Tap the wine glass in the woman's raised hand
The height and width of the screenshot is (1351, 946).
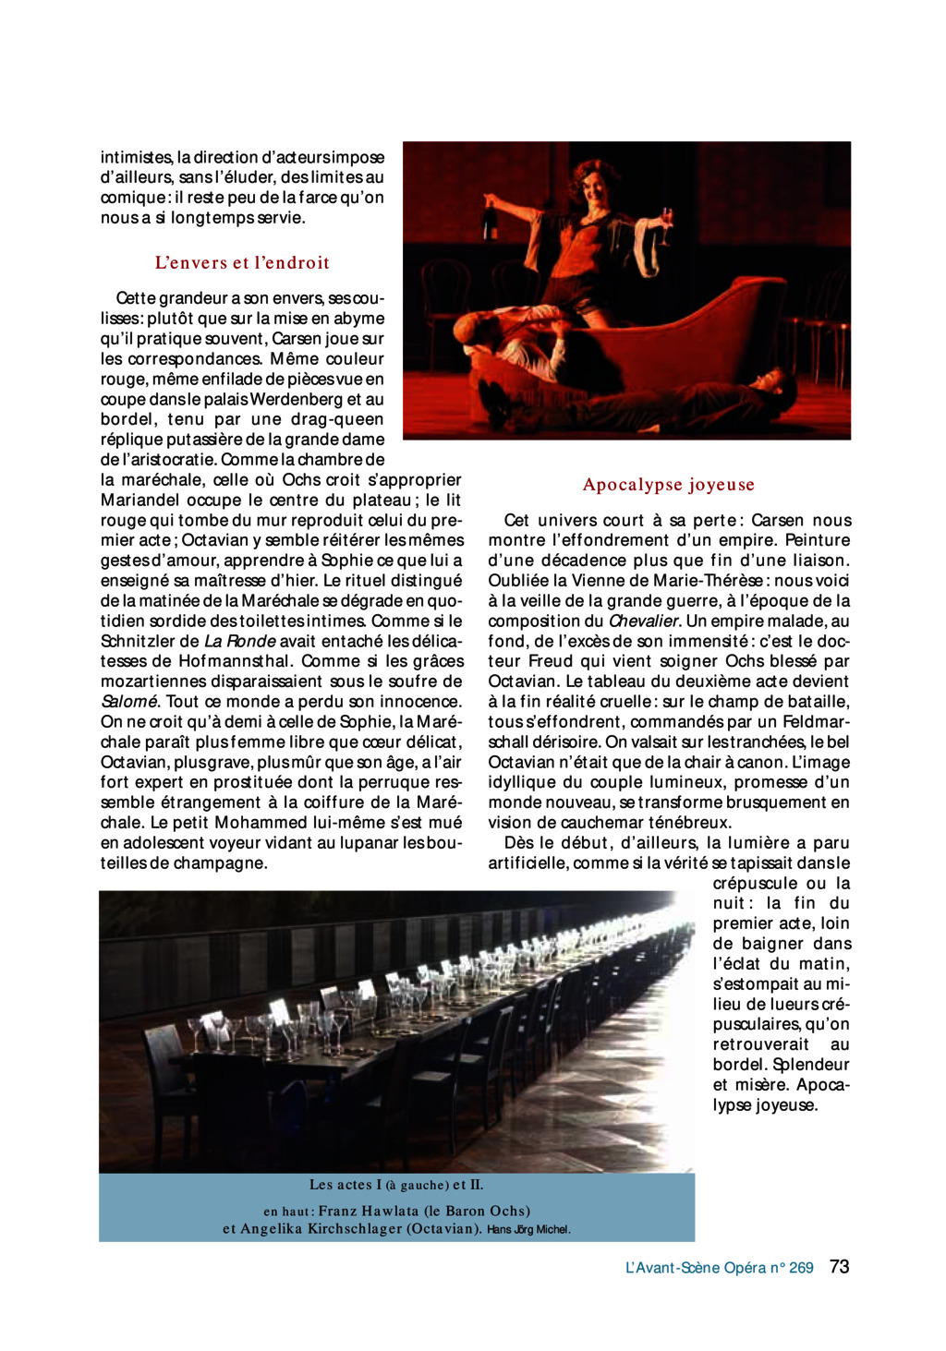(666, 220)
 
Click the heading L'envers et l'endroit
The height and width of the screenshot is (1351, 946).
(242, 262)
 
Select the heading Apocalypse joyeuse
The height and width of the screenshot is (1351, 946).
(669, 485)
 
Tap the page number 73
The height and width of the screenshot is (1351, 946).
(839, 1267)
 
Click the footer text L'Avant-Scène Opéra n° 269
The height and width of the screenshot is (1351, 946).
(719, 1268)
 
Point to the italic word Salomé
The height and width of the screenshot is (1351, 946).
(128, 702)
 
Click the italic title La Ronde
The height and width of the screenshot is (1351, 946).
(240, 641)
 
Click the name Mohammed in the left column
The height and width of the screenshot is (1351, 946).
(259, 823)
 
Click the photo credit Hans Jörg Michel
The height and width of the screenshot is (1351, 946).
(528, 1230)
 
